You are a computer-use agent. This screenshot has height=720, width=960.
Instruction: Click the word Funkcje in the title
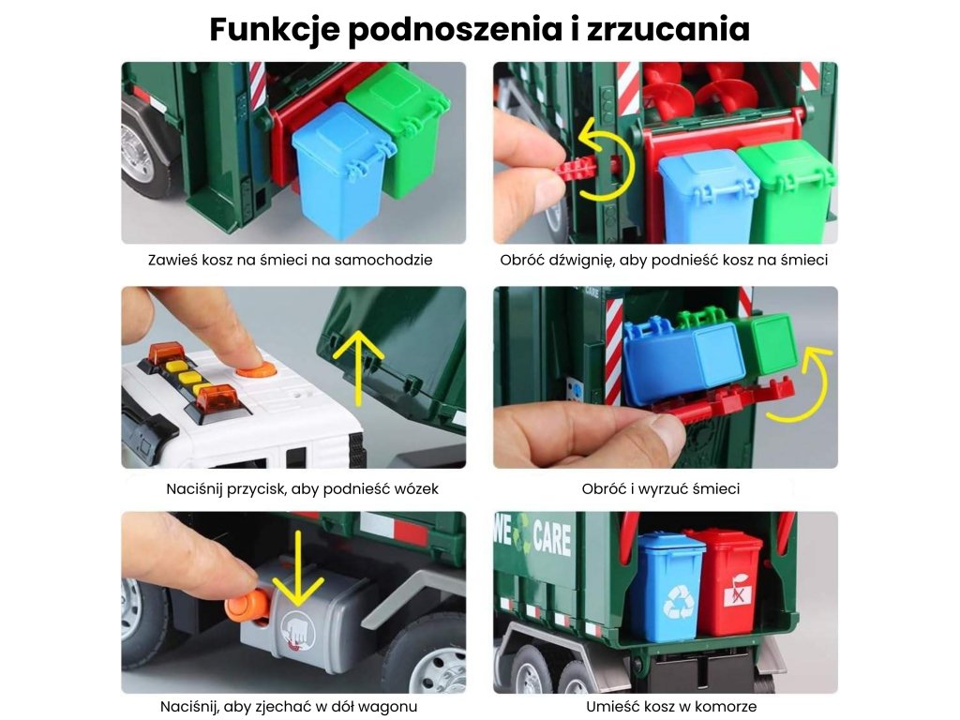[275, 29]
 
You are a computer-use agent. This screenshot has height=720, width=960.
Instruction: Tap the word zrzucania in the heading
[667, 28]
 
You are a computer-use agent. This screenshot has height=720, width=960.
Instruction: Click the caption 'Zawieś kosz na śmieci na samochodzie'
[291, 260]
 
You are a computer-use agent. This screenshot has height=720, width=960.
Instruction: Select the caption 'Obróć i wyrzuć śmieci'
[661, 488]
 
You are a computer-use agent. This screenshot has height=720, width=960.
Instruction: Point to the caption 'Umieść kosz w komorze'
[671, 706]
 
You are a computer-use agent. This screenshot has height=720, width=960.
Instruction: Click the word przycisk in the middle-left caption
[255, 489]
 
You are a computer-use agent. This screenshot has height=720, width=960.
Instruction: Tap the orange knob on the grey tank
[247, 607]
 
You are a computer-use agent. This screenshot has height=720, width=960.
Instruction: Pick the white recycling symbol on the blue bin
[680, 601]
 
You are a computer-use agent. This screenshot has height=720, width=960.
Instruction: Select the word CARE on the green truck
[552, 537]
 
